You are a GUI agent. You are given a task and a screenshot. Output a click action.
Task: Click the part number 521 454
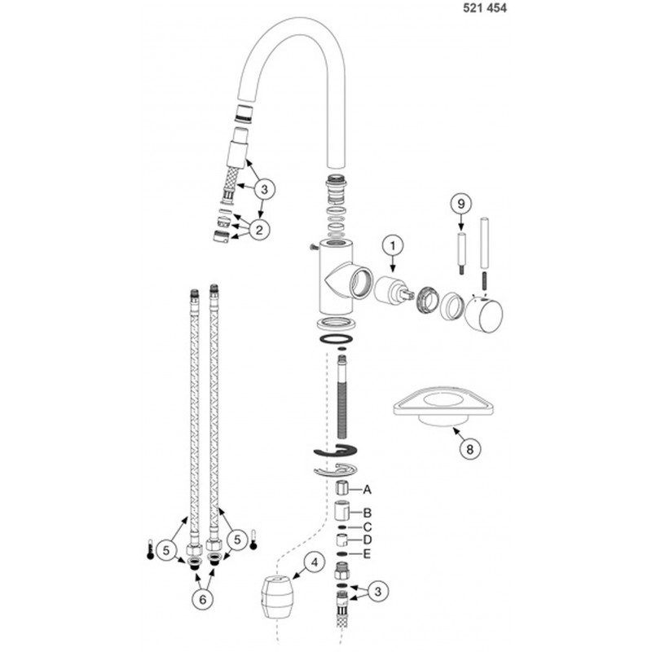click(485, 8)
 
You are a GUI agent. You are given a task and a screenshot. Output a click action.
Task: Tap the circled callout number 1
click(393, 246)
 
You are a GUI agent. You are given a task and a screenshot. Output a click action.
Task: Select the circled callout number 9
click(460, 205)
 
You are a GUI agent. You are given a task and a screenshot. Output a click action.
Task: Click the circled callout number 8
click(470, 449)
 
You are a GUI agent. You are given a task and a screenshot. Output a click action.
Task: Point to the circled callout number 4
click(315, 563)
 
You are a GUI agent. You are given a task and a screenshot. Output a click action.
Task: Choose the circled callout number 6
click(202, 599)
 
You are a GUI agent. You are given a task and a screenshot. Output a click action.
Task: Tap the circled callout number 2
click(259, 230)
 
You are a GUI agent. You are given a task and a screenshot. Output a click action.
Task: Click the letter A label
click(367, 490)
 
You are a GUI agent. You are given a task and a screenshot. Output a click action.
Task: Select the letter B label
click(367, 513)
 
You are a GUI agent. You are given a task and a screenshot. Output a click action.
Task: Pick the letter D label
click(367, 540)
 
